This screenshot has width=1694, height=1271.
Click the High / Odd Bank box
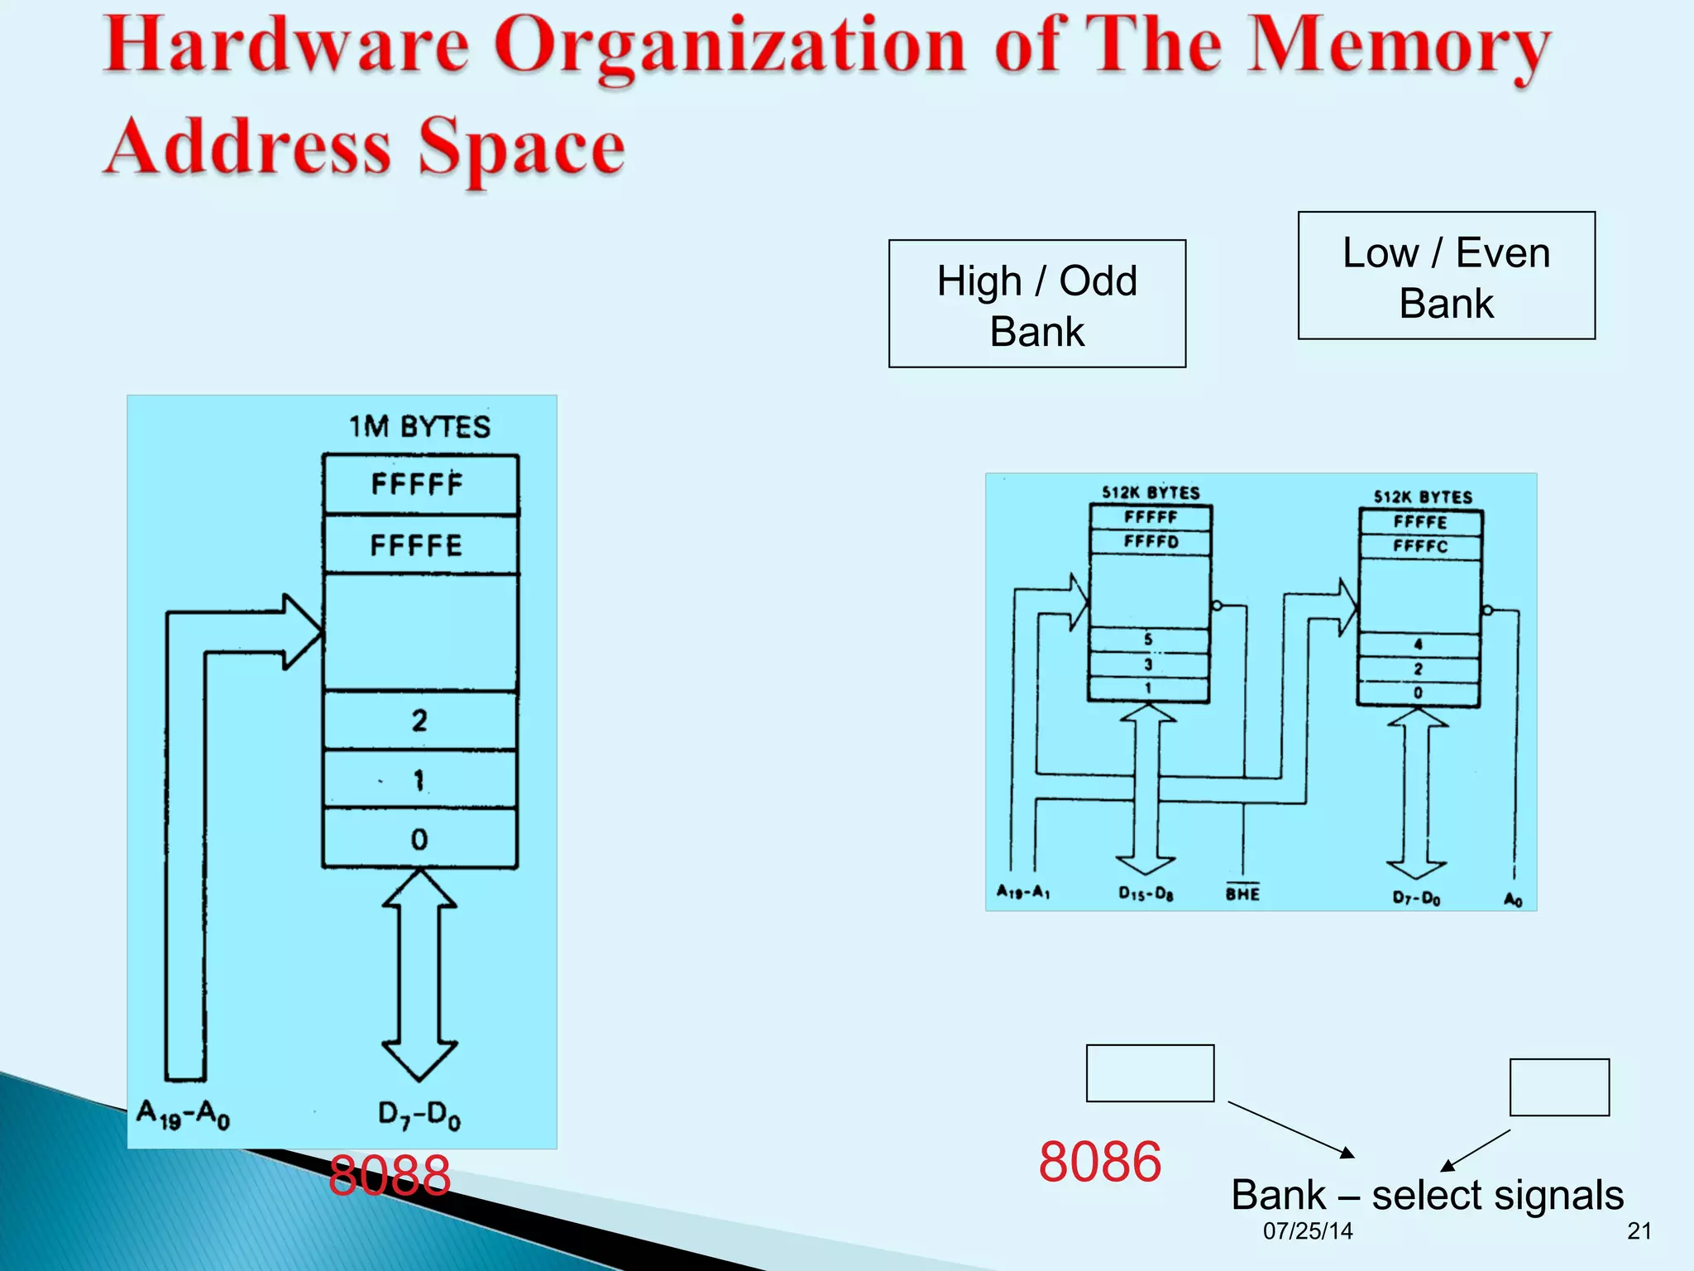(x=1036, y=304)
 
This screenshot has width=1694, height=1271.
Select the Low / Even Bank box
(x=1446, y=276)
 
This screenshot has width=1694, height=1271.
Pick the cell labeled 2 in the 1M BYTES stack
(x=419, y=720)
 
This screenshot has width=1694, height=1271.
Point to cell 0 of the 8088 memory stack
(x=419, y=838)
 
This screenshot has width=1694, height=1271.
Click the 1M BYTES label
(x=419, y=427)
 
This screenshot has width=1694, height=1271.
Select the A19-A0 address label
(x=184, y=1114)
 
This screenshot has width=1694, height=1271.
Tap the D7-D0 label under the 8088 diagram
(x=419, y=1115)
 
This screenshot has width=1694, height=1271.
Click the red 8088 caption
(x=389, y=1175)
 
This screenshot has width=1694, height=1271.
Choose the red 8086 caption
(x=1099, y=1161)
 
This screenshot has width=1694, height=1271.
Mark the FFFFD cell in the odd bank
(x=1151, y=542)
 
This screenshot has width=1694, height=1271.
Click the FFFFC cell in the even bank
(x=1420, y=546)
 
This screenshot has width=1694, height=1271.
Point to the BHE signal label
(x=1242, y=893)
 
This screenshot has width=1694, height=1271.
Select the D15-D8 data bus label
(x=1146, y=893)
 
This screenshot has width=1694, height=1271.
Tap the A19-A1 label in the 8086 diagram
(x=1023, y=892)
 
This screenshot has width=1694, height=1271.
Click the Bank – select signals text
(x=1427, y=1195)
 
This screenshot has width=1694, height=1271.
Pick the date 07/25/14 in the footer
(x=1308, y=1231)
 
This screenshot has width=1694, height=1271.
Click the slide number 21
(x=1639, y=1231)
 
